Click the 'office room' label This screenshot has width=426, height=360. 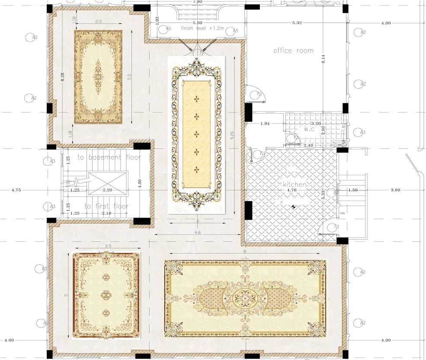tap(293, 51)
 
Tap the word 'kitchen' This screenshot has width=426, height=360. tap(295, 184)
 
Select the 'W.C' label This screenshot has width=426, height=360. tap(308, 129)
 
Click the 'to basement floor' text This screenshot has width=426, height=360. tap(109, 157)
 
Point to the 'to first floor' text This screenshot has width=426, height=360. tap(106, 206)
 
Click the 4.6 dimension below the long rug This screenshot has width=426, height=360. tap(197, 232)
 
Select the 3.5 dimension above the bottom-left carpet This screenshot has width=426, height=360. tap(108, 246)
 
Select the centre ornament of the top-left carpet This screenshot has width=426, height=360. tap(98, 77)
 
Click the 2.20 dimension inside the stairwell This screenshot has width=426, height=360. tap(107, 190)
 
